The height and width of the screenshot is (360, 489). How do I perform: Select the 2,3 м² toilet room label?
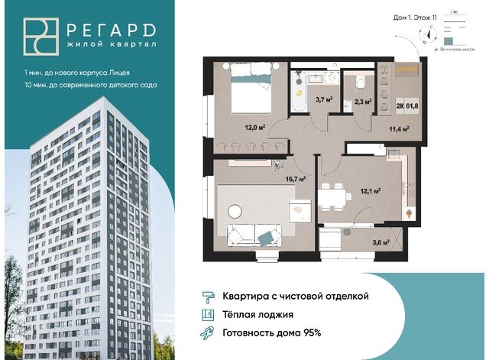pyautogui.click(x=363, y=101)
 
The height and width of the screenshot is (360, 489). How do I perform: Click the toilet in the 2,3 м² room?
pyautogui.click(x=358, y=79)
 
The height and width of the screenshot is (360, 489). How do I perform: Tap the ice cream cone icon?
pyautogui.click(x=412, y=212)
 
